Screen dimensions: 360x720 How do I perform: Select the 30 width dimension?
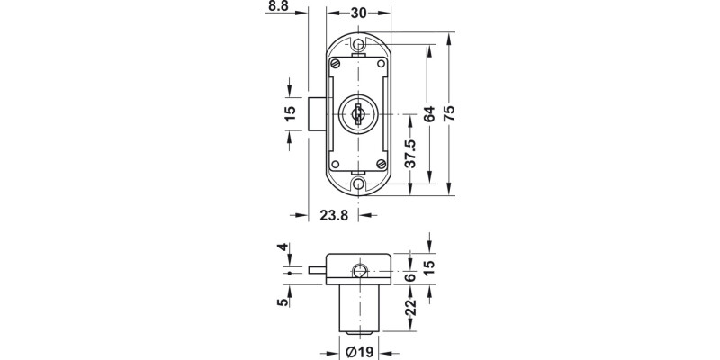[359, 13]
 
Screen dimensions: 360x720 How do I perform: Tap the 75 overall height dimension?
[451, 113]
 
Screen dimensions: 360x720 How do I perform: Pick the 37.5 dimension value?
[410, 154]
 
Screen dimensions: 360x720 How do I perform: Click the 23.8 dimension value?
[334, 215]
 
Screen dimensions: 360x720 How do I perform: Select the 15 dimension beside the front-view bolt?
[289, 112]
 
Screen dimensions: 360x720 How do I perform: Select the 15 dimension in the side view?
[429, 268]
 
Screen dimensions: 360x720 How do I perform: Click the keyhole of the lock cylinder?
[358, 112]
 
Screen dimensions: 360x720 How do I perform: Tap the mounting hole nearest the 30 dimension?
[358, 44]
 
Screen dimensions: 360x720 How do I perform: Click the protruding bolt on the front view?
[314, 112]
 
